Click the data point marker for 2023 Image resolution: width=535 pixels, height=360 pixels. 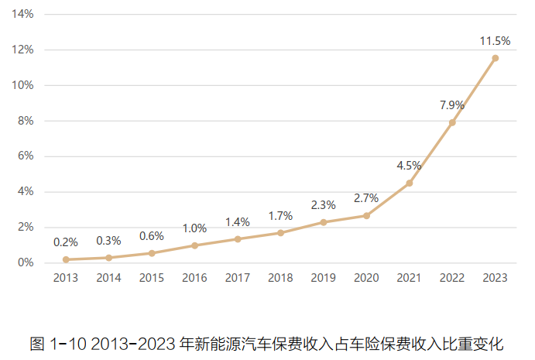[495, 58]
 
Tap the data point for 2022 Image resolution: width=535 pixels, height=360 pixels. [452, 122]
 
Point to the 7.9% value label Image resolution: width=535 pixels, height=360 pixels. [452, 105]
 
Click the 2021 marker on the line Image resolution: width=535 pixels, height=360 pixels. [410, 183]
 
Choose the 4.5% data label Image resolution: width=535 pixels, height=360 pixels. [409, 165]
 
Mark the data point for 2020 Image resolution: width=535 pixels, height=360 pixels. [366, 215]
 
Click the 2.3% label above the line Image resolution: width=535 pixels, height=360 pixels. [323, 205]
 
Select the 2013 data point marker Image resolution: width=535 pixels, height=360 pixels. [66, 259]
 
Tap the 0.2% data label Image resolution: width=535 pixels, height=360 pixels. [66, 242]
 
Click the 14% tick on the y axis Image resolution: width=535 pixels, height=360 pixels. [24, 14]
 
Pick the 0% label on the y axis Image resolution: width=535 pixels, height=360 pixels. [26, 262]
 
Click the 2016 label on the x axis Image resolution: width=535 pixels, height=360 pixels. [194, 278]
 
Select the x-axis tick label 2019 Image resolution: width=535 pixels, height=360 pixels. [323, 278]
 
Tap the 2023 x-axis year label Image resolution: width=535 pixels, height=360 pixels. [495, 278]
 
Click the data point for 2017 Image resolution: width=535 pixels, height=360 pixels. [238, 238]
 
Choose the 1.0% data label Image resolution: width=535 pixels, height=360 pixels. [194, 228]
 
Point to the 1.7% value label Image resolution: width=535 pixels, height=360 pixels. [280, 216]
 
